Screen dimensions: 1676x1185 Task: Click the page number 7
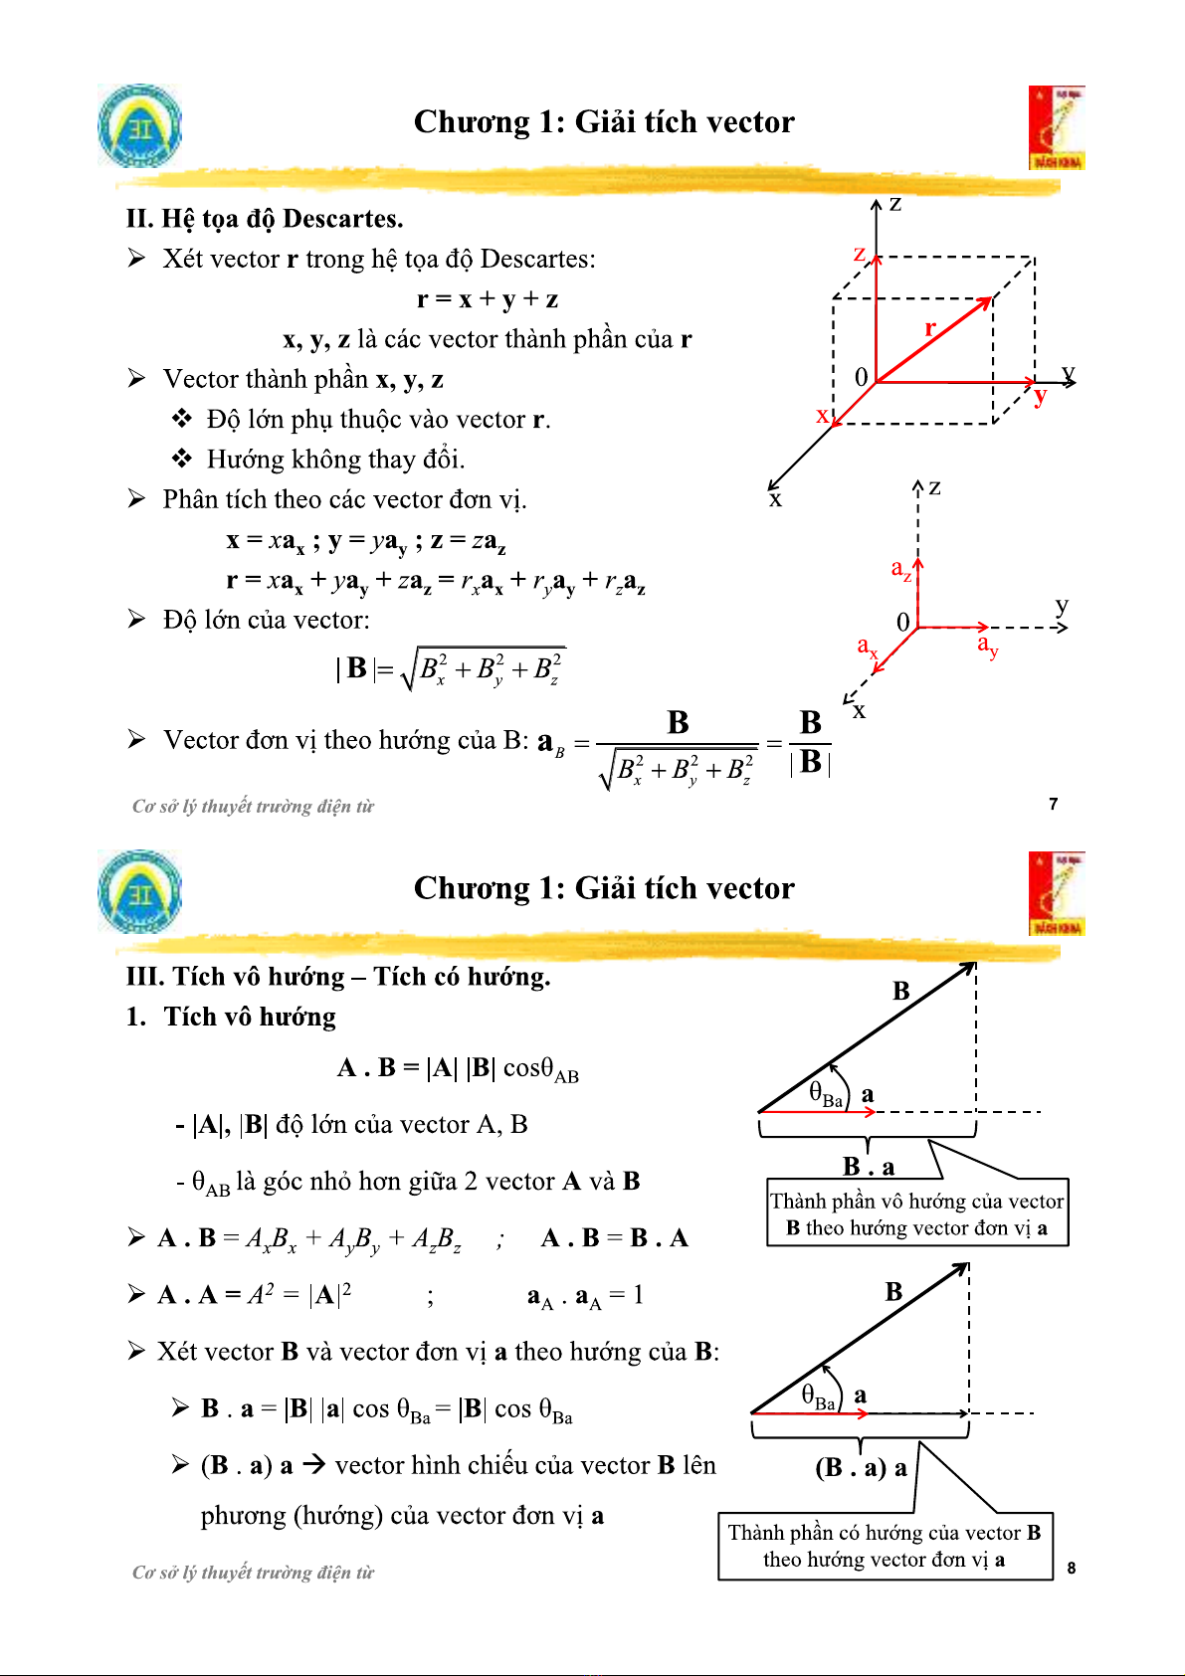(1054, 804)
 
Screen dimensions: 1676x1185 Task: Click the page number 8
(1071, 1569)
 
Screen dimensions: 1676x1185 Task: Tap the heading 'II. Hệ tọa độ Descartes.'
(265, 219)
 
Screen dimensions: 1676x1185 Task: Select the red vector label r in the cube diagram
(930, 328)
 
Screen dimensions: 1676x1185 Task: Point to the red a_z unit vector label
(901, 570)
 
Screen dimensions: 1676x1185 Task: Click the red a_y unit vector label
(987, 647)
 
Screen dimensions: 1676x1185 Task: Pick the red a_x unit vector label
(868, 647)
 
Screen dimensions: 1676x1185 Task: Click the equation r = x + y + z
(488, 299)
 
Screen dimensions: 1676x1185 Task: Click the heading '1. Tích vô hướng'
(232, 1017)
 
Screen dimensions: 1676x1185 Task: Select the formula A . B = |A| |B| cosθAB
(458, 1069)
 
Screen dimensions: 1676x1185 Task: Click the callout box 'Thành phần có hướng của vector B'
(885, 1546)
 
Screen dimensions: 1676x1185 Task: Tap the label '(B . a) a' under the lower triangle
(861, 1468)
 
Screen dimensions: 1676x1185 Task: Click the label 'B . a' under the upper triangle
(869, 1166)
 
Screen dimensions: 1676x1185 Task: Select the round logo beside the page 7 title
(140, 125)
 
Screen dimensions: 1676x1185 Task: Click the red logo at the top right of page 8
(1057, 893)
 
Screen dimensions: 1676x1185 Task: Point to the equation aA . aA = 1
(585, 1296)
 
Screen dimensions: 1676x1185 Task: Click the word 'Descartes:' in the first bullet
(538, 260)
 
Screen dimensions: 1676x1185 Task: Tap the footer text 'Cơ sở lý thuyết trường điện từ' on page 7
(253, 807)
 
